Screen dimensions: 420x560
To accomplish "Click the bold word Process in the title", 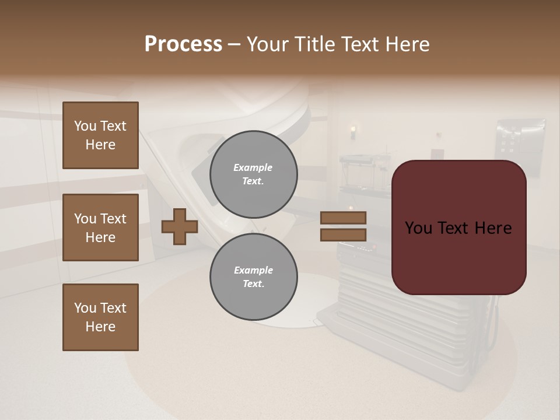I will tap(183, 44).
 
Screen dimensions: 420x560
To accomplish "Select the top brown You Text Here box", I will tap(100, 135).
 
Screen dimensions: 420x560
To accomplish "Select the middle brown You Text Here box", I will tap(100, 228).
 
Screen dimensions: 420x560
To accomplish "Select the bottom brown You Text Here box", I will tap(100, 317).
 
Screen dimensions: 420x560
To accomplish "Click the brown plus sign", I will tap(179, 226).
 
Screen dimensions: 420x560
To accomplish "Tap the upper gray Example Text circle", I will tap(253, 174).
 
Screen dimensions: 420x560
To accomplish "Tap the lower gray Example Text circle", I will tap(253, 277).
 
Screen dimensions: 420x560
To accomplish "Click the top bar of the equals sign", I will tap(343, 218).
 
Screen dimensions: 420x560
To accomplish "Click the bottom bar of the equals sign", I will tap(343, 235).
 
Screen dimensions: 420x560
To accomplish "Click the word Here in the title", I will tap(407, 44).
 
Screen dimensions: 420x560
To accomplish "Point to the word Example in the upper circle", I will tap(253, 167).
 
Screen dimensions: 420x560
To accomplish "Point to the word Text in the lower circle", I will tap(253, 284).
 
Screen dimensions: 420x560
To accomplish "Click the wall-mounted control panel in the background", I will tap(519, 140).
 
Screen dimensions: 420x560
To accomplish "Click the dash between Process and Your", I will tap(235, 44).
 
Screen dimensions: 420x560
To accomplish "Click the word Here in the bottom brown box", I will tap(100, 327).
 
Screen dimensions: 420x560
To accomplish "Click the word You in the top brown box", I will tap(85, 126).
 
